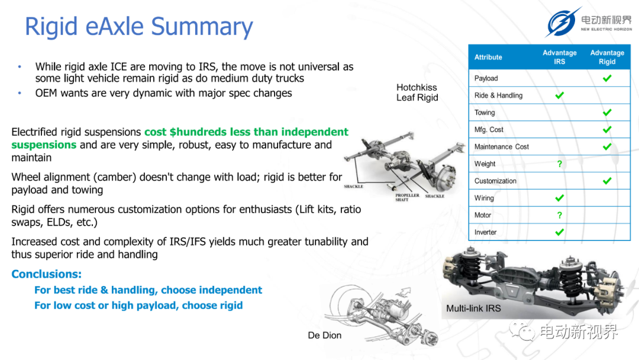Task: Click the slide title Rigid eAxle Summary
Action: click(139, 27)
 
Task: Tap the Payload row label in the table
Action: click(486, 78)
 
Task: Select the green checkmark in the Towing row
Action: click(607, 112)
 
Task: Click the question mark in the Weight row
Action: click(560, 164)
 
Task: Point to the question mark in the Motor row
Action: click(560, 216)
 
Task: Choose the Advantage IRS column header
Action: click(560, 57)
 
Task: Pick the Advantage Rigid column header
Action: click(607, 57)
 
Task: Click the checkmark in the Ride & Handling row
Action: click(560, 95)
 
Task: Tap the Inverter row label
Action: click(485, 232)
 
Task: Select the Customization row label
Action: click(495, 181)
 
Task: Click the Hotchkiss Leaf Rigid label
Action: click(417, 92)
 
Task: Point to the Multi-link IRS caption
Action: click(473, 308)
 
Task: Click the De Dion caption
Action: click(324, 335)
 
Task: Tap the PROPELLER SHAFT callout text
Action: click(406, 197)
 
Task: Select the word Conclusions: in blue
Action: click(47, 274)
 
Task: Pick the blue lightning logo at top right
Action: click(563, 22)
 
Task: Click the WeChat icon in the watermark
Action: click(522, 330)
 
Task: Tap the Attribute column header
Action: click(488, 57)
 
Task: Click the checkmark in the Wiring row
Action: click(560, 198)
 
